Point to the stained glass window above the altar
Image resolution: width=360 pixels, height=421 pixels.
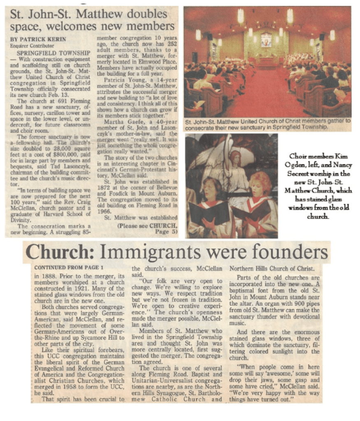click(x=266, y=39)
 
